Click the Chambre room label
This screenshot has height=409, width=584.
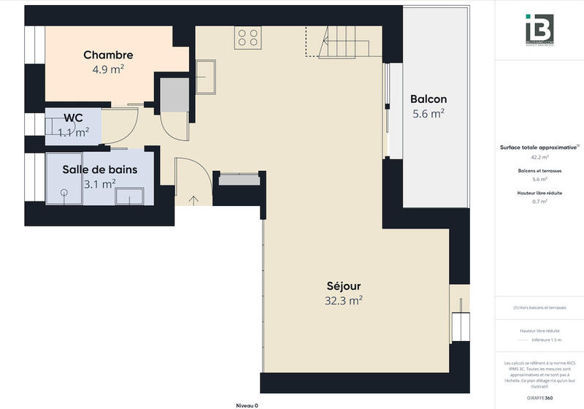(x=108, y=55)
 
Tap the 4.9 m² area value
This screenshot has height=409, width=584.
(x=108, y=69)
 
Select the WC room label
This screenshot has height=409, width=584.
(x=72, y=118)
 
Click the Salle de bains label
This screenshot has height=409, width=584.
(x=99, y=169)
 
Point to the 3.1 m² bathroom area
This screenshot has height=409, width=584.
(x=99, y=184)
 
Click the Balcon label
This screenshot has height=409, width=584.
(x=428, y=99)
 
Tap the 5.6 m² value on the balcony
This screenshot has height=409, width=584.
(x=428, y=114)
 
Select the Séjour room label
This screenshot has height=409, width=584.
(x=343, y=286)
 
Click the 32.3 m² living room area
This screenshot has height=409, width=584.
(x=343, y=300)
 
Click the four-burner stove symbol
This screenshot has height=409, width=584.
(x=247, y=38)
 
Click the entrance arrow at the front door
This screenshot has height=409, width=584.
(x=193, y=199)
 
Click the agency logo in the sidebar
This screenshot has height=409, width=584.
(x=539, y=30)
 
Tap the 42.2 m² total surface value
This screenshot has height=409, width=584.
(x=539, y=157)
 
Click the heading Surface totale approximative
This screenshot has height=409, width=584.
(x=539, y=147)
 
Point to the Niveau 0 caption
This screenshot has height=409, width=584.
(x=247, y=405)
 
